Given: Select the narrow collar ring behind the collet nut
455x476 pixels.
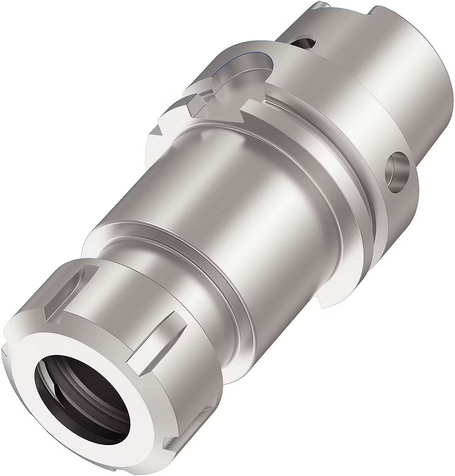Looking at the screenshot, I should (x=166, y=254).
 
